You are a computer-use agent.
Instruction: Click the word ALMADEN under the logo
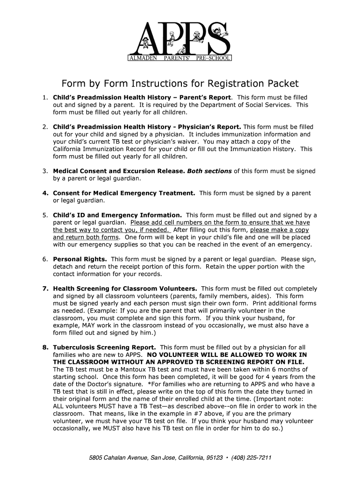pos(143,59)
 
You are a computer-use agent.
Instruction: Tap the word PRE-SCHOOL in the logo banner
pos(213,59)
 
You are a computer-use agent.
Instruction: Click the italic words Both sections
pos(209,171)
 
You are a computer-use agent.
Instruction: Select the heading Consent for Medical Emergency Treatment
pos(124,193)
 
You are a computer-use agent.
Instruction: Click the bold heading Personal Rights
pos(80,259)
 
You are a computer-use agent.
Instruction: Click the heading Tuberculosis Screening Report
pos(105,348)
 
